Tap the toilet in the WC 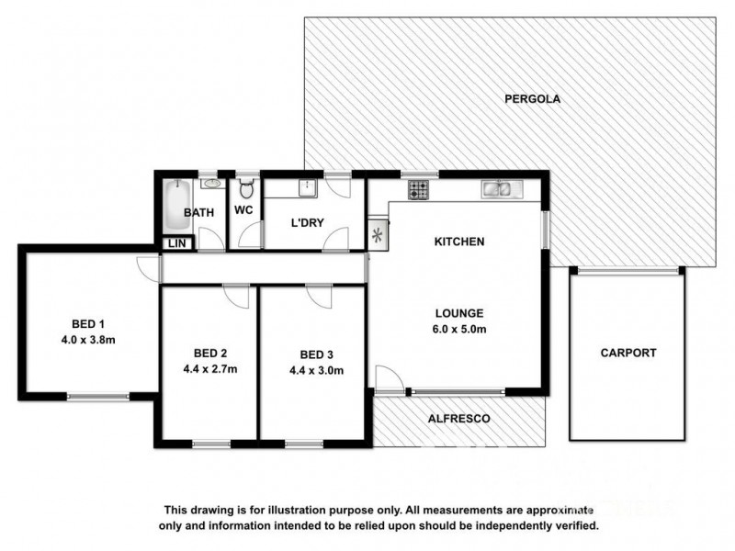click(244, 190)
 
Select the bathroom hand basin click(213, 183)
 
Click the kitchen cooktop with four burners click(418, 190)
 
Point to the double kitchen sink click(501, 190)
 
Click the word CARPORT click(628, 353)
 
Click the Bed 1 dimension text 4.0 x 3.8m click(89, 340)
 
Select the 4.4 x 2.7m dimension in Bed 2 click(210, 370)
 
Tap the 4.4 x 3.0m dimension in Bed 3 click(316, 371)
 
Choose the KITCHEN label click(459, 242)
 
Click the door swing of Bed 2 click(237, 295)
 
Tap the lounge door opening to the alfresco click(388, 380)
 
